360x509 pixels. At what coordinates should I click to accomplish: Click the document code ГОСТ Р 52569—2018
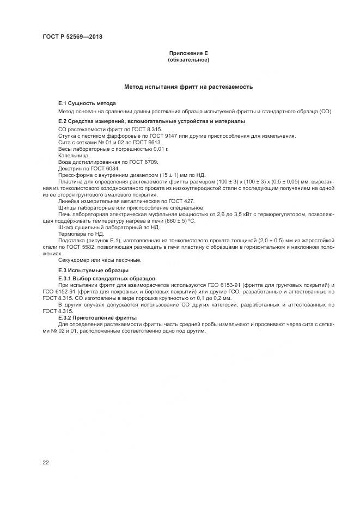(x=72, y=37)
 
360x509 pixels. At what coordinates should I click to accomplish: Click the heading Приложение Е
(x=188, y=53)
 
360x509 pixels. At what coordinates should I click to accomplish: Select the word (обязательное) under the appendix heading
(x=188, y=59)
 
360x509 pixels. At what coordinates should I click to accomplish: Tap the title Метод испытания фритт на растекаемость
(x=188, y=87)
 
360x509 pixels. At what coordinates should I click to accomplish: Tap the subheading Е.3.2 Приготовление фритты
(x=97, y=317)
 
